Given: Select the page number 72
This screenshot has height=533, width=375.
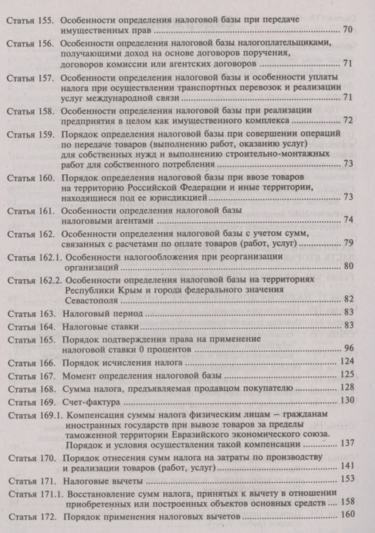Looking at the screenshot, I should [349, 120].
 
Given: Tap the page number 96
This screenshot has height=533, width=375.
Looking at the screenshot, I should [349, 348].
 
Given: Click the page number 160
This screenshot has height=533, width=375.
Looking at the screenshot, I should [347, 514].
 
